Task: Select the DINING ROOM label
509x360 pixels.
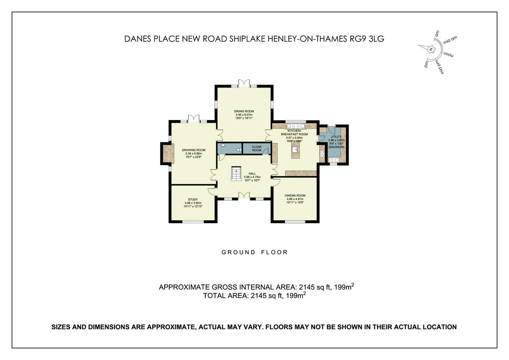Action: click(x=244, y=111)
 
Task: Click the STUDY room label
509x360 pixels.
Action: click(x=193, y=200)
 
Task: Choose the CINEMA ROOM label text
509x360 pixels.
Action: click(x=295, y=195)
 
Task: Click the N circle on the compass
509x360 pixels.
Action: click(x=431, y=50)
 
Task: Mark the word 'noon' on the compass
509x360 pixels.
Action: click(x=448, y=55)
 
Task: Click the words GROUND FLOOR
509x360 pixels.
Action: click(x=255, y=252)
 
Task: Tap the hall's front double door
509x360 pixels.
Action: click(x=244, y=195)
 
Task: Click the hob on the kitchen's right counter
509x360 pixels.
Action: click(x=322, y=154)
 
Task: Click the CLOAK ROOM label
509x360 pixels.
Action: click(x=257, y=148)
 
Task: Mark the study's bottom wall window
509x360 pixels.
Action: click(x=193, y=221)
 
